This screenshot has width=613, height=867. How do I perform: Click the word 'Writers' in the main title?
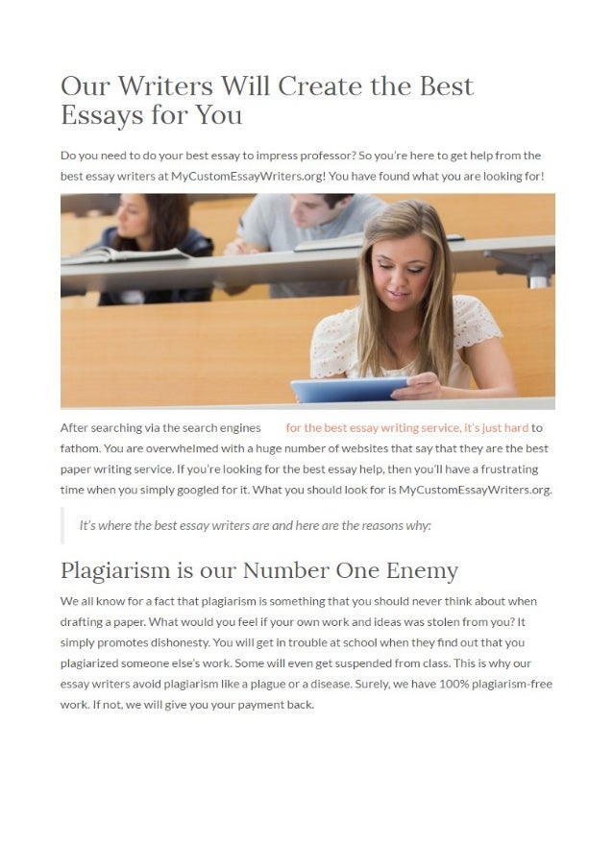click(x=159, y=86)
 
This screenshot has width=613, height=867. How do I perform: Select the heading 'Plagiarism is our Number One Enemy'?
click(x=258, y=570)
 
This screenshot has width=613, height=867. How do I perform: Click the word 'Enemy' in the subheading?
click(x=422, y=570)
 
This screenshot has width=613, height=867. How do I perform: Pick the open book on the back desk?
click(x=125, y=254)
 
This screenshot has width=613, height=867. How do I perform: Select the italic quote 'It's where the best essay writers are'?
click(x=255, y=525)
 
